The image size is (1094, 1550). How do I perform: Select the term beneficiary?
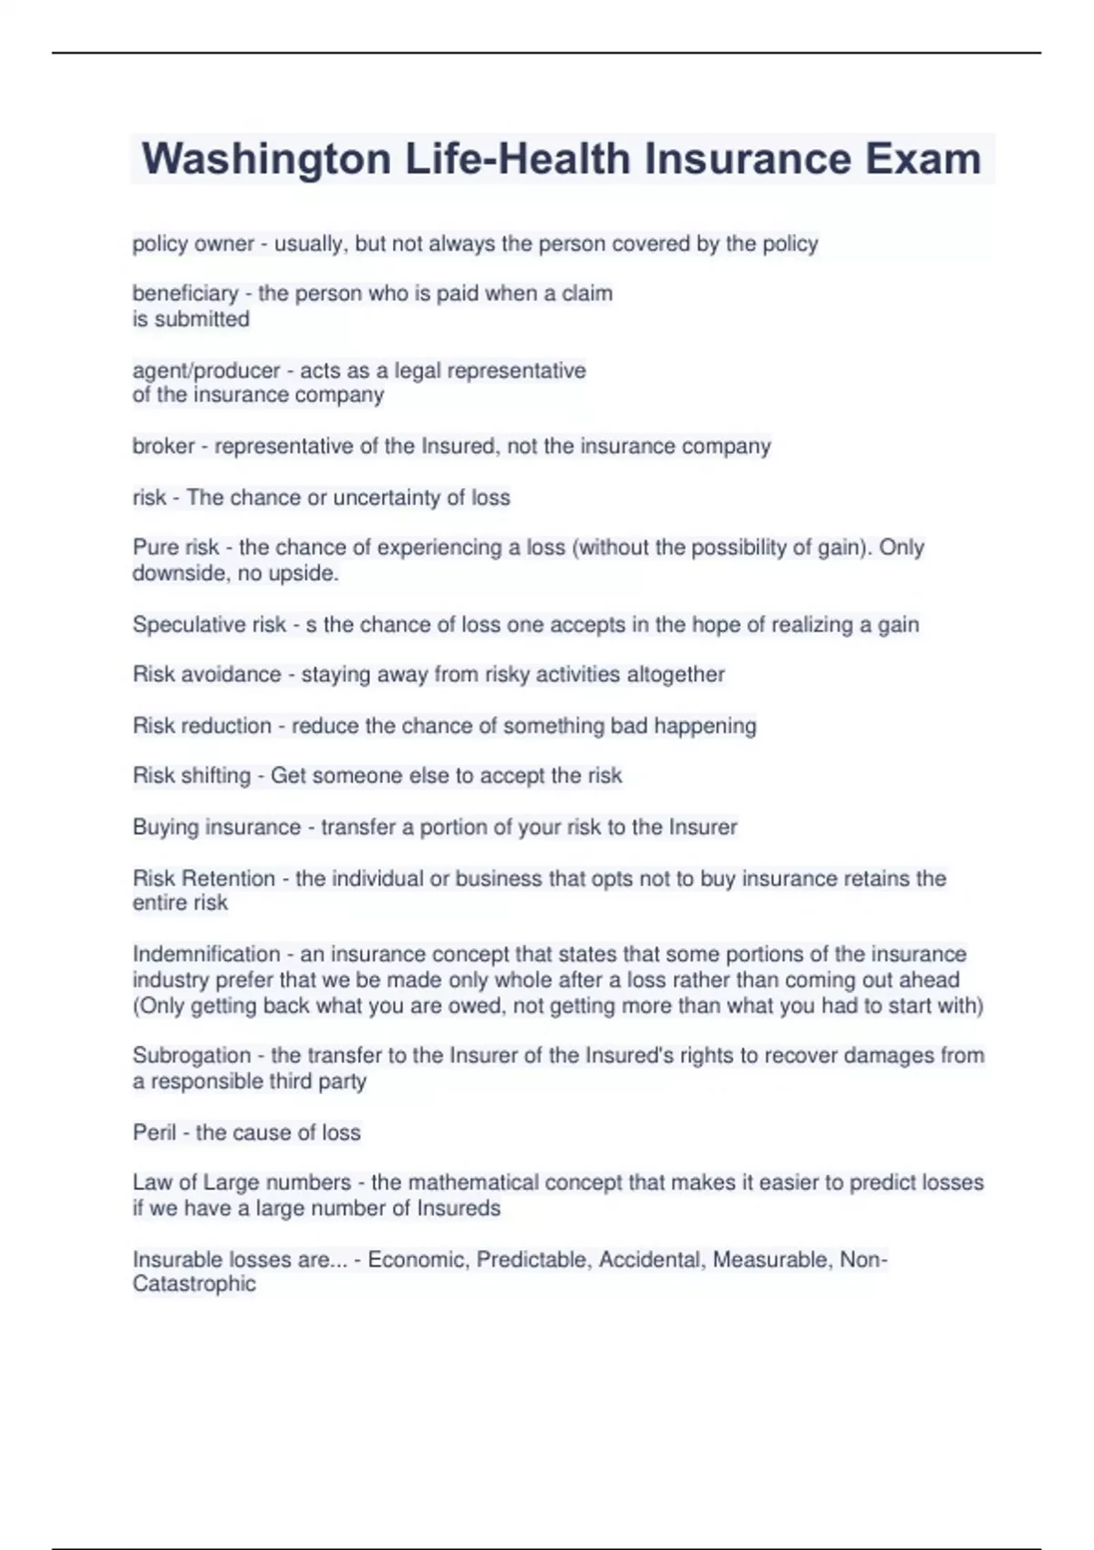(x=185, y=294)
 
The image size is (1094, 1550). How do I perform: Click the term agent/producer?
(x=206, y=371)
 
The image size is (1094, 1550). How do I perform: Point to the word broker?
(x=163, y=447)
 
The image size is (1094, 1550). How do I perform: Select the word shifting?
(x=215, y=776)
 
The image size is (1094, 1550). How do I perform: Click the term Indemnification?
(x=206, y=955)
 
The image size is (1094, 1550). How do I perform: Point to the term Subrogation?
(x=191, y=1056)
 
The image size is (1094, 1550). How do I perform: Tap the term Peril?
(x=154, y=1132)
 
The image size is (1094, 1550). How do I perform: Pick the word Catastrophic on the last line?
(x=194, y=1284)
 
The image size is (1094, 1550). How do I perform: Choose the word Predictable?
(x=533, y=1260)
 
